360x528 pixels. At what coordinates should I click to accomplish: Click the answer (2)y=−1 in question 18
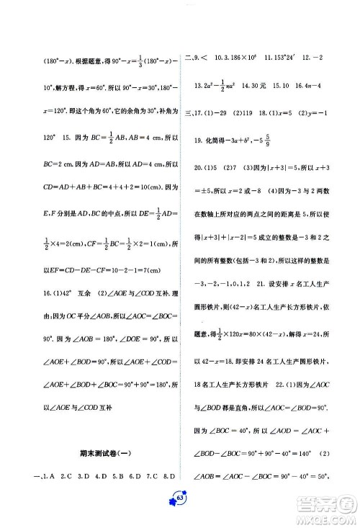click(x=314, y=113)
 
